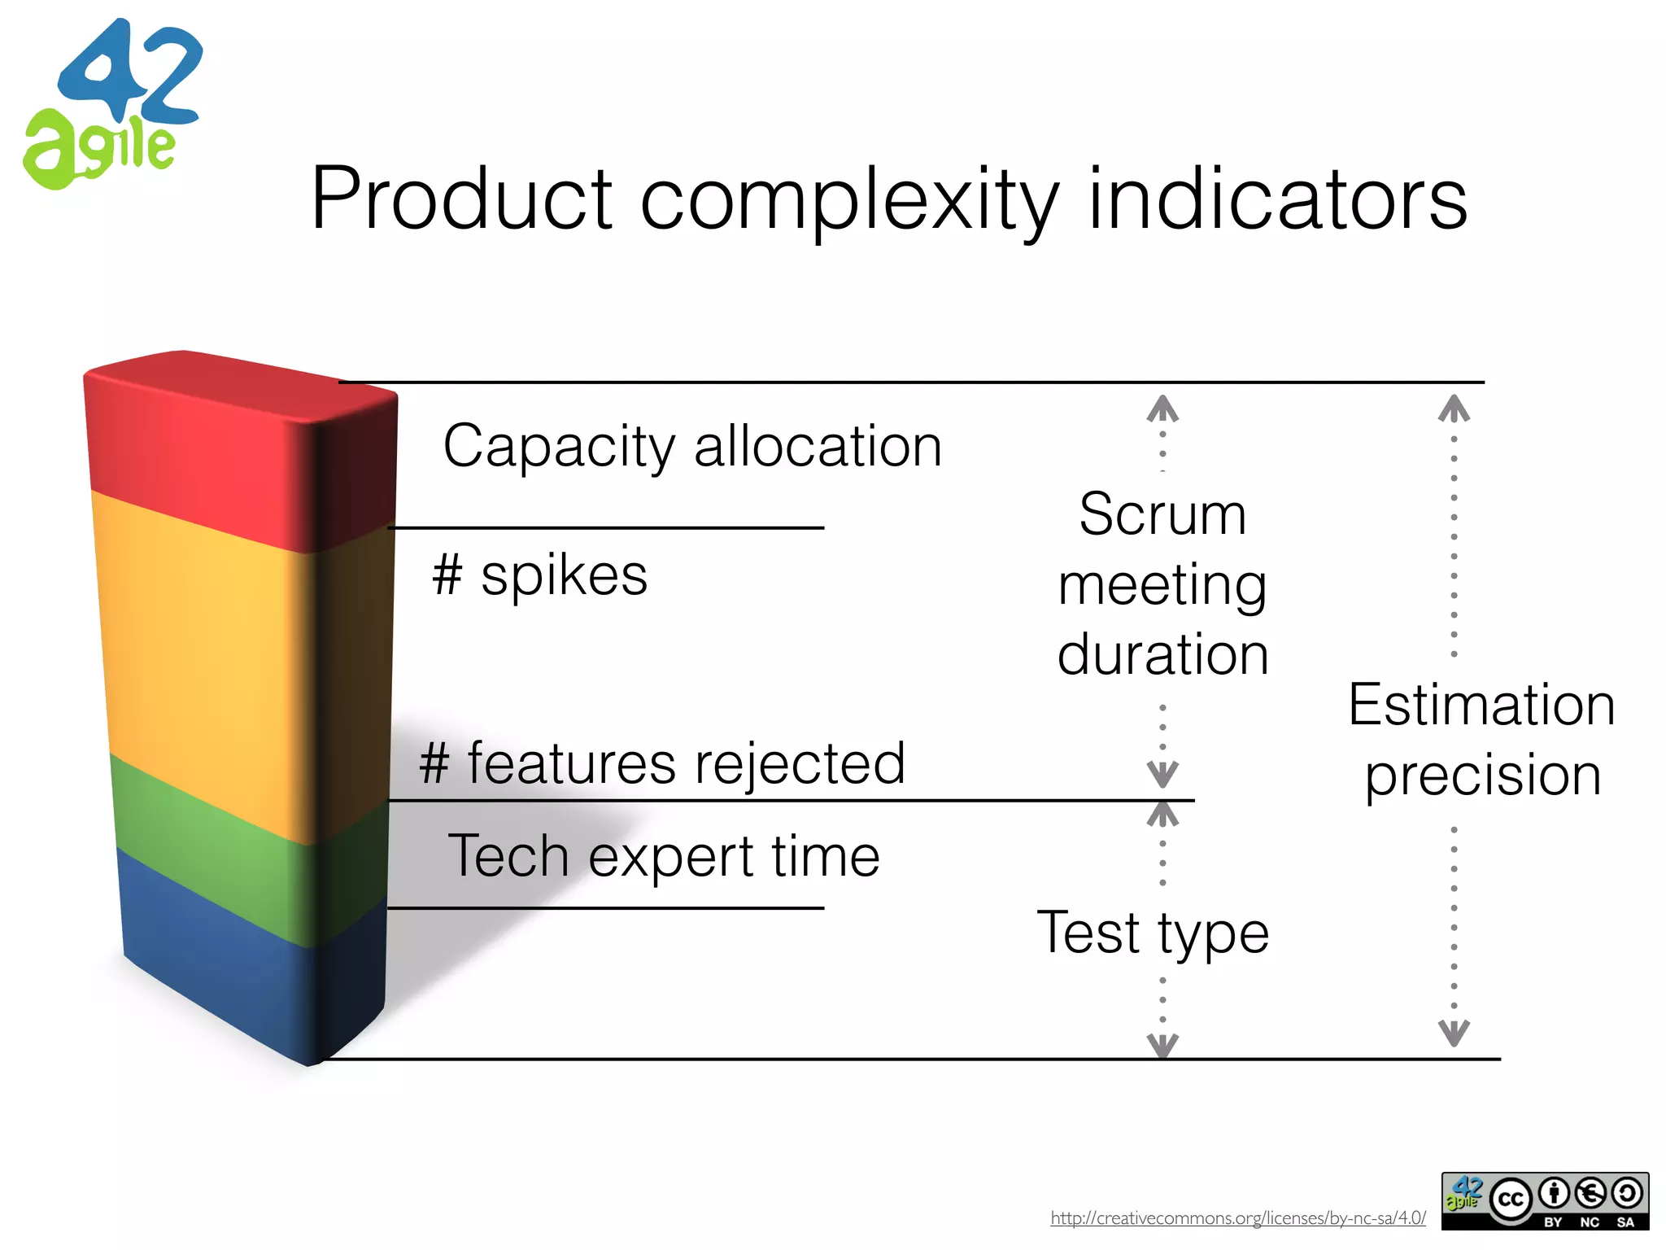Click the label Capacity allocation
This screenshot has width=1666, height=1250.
pyautogui.click(x=692, y=447)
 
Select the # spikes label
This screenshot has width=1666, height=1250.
pyautogui.click(x=539, y=576)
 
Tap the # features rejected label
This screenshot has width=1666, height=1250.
pyautogui.click(x=662, y=763)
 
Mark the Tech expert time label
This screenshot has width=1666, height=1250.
pyautogui.click(x=664, y=857)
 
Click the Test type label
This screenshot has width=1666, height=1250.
pyautogui.click(x=1153, y=933)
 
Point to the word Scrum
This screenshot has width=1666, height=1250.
pyautogui.click(x=1162, y=514)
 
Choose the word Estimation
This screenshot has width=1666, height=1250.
pyautogui.click(x=1481, y=705)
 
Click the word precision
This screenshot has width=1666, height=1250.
pyautogui.click(x=1483, y=775)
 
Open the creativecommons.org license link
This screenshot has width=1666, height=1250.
pyautogui.click(x=1237, y=1218)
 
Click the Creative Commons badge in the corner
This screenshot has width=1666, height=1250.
pyautogui.click(x=1545, y=1200)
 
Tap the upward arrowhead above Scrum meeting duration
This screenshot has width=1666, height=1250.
pyautogui.click(x=1162, y=409)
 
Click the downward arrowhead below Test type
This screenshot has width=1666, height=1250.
pyautogui.click(x=1162, y=1045)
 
